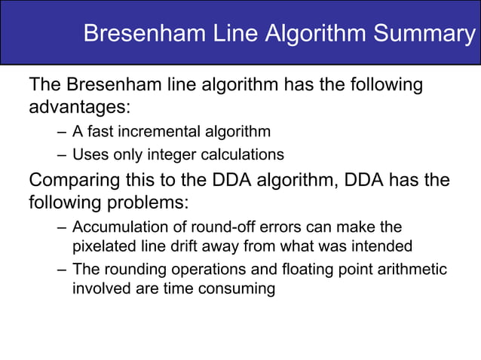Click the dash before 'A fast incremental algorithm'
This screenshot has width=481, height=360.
pos(62,133)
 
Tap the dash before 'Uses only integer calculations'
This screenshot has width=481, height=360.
pos(62,155)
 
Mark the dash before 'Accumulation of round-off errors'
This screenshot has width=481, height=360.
pos(62,227)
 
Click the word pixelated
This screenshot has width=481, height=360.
pos(103,246)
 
